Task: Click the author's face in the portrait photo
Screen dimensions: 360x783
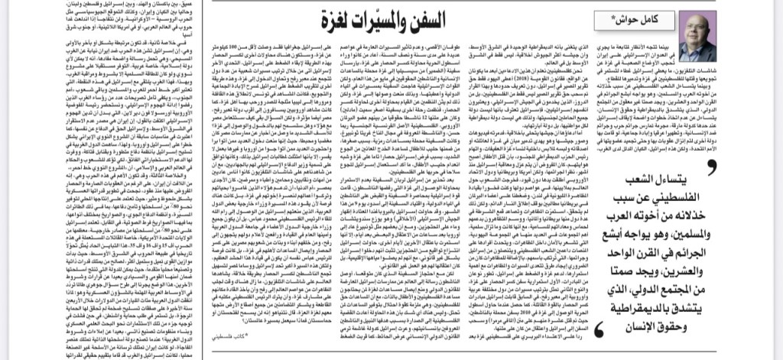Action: pos(697,34)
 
